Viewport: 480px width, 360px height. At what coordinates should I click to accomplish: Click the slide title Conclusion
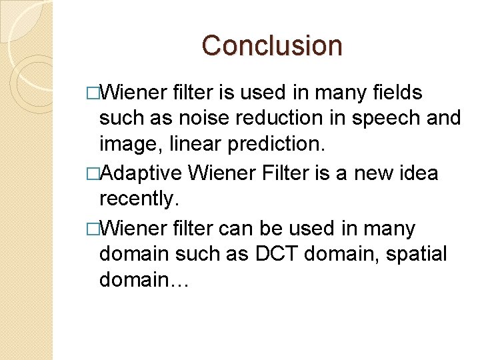272,45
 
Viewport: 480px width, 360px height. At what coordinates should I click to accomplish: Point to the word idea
421,173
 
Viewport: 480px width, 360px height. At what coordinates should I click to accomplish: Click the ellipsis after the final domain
180,281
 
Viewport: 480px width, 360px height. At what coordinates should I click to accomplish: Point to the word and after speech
443,118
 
